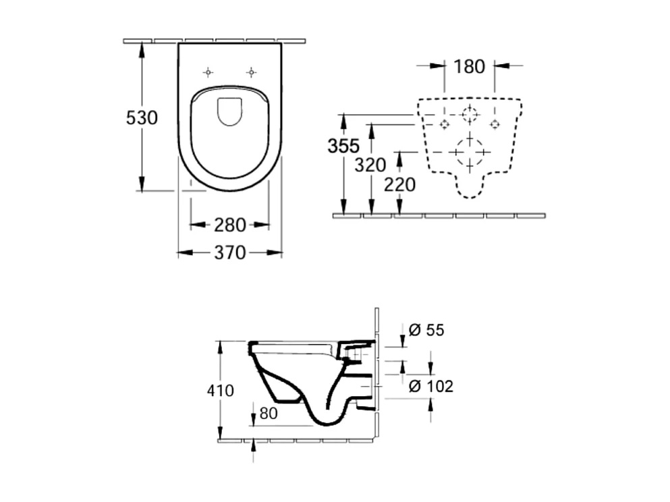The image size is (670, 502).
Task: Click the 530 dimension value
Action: (x=142, y=118)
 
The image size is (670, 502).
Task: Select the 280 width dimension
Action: (x=229, y=225)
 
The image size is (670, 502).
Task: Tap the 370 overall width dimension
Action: (x=229, y=253)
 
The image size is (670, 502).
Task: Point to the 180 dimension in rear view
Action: (x=469, y=66)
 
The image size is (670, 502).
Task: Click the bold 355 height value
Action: (x=343, y=146)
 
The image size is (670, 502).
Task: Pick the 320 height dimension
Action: (x=371, y=165)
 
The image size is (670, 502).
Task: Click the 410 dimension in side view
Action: (x=220, y=391)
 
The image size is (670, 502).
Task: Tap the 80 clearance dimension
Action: (x=269, y=414)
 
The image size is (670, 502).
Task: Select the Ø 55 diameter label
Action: (x=426, y=330)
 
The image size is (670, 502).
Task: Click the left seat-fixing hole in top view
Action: (x=208, y=72)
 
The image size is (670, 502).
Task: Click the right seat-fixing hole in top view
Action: (x=251, y=72)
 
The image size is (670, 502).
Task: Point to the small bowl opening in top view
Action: (x=229, y=111)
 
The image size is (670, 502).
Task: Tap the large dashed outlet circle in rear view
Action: (x=470, y=152)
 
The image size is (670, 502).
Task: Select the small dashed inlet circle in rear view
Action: (x=470, y=114)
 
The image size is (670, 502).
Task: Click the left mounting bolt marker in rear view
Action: (x=444, y=124)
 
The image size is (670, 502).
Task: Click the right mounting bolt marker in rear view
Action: (x=495, y=124)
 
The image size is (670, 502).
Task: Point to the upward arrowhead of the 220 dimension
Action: (x=399, y=156)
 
